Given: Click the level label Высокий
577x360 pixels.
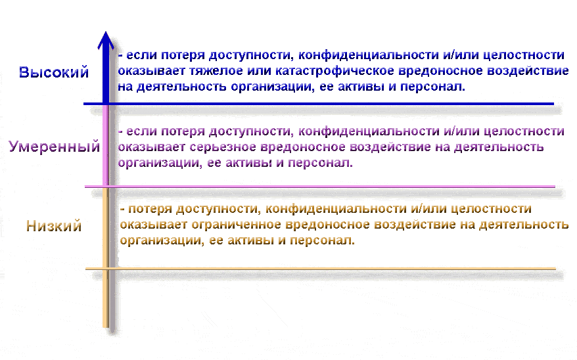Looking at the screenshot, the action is tap(54, 72).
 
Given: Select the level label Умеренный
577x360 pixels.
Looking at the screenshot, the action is tap(55, 146).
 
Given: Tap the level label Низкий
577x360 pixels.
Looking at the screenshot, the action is tap(54, 226).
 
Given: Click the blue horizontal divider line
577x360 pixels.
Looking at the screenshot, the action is tap(319, 104).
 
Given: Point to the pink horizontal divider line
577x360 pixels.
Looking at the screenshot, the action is tap(320, 187).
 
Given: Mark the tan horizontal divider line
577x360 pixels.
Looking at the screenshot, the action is tap(321, 269).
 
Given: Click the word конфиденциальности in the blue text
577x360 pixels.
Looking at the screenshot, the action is tap(369, 55).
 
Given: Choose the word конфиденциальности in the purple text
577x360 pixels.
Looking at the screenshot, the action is tap(369, 131).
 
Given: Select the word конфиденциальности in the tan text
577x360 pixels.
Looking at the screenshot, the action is tap(336, 209).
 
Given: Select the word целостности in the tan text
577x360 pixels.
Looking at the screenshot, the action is tap(491, 209).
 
